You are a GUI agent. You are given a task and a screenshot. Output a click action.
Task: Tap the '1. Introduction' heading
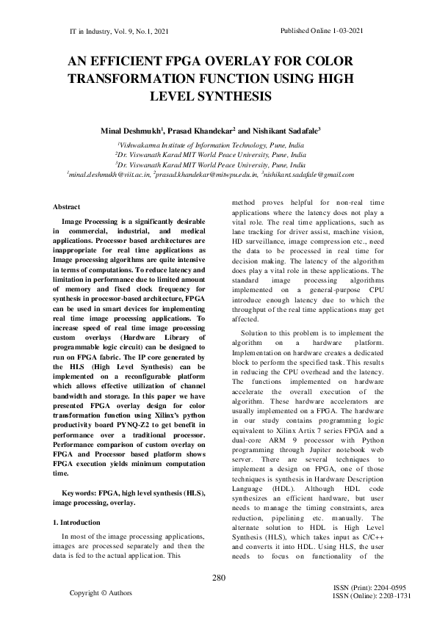coord(82,522)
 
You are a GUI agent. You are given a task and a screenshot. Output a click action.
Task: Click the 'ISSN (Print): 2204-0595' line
coord(369,588)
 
